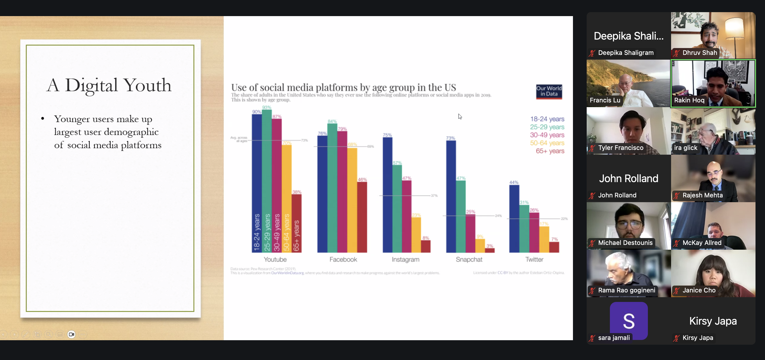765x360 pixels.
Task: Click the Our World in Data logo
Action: [549, 92]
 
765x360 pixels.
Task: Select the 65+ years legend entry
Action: [550, 151]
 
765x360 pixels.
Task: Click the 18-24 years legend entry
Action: [547, 119]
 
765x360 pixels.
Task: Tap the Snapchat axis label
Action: [469, 259]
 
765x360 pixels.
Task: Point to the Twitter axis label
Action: [534, 259]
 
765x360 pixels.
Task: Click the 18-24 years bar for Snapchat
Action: [451, 196]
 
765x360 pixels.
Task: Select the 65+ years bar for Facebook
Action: [362, 217]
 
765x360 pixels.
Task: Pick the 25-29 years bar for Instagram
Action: [397, 208]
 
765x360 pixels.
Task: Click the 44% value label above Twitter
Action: [514, 182]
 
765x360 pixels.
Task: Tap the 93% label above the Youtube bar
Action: [266, 107]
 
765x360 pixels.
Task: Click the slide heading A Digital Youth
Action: [109, 85]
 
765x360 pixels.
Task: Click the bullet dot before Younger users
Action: [43, 119]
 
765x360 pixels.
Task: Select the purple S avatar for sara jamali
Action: [628, 320]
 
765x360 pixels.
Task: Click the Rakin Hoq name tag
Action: [689, 100]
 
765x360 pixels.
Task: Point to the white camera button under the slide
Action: [71, 334]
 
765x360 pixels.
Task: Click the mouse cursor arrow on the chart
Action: [460, 116]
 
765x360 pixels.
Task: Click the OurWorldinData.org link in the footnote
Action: [287, 273]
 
